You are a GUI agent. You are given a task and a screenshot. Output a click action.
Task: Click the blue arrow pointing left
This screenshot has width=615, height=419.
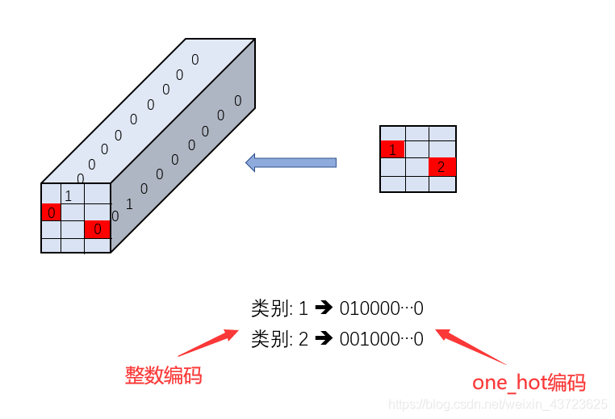(x=291, y=162)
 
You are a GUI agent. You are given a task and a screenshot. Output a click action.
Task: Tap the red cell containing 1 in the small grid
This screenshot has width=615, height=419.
(x=392, y=149)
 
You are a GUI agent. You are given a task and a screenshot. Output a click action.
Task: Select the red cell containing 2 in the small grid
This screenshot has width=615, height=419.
(x=442, y=167)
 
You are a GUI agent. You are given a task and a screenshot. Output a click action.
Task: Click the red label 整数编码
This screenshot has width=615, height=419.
(x=163, y=375)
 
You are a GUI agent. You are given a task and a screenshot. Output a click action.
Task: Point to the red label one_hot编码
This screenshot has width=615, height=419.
(x=529, y=383)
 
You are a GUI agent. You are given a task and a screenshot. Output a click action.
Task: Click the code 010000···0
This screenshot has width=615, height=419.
(x=382, y=308)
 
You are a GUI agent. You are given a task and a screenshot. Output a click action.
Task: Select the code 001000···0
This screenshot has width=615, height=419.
(x=382, y=339)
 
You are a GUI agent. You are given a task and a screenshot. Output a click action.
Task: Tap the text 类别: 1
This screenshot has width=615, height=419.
(x=279, y=308)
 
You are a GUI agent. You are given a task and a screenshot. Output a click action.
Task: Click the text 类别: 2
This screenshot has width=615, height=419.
(x=279, y=339)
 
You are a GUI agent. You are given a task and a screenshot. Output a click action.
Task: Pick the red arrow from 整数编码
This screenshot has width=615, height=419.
(x=207, y=343)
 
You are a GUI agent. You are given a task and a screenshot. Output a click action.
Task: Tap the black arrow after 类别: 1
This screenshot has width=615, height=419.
(x=324, y=308)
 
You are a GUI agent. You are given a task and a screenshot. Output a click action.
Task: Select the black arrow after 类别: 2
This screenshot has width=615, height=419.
(x=324, y=339)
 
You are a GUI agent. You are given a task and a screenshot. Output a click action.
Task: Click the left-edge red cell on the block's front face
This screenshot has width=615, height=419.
(x=51, y=212)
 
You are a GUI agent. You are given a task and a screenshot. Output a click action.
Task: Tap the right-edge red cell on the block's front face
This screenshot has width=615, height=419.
(x=97, y=229)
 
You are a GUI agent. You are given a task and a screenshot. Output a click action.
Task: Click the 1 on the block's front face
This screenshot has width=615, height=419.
(x=69, y=195)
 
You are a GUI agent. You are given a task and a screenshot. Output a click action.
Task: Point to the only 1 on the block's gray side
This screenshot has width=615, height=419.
(x=129, y=203)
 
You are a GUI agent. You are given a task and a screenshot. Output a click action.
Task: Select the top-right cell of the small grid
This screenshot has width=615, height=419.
(x=442, y=133)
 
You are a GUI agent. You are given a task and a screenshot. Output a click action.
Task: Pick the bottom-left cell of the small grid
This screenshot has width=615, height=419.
(x=392, y=184)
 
